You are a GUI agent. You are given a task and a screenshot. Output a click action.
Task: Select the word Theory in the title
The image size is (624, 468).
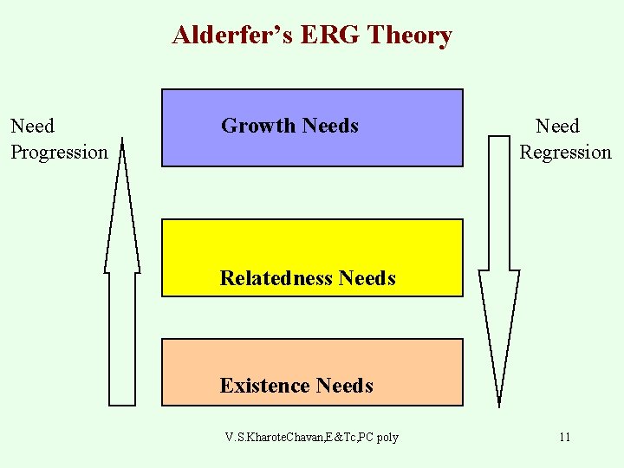point(414,36)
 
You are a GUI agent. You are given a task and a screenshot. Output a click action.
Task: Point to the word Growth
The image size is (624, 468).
point(257,127)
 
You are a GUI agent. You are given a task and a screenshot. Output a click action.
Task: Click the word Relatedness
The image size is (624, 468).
point(276,278)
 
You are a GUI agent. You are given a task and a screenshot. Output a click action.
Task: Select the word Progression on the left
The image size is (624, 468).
point(59,153)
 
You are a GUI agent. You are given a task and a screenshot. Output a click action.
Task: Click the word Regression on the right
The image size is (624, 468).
point(565,153)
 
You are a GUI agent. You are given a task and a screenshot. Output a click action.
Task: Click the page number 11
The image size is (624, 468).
point(564,437)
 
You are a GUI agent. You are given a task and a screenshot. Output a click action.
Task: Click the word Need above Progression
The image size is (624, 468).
point(32,127)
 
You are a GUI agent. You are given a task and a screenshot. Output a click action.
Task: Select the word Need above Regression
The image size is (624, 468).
point(557,127)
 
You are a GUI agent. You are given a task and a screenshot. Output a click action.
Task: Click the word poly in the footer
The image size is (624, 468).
point(387,437)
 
